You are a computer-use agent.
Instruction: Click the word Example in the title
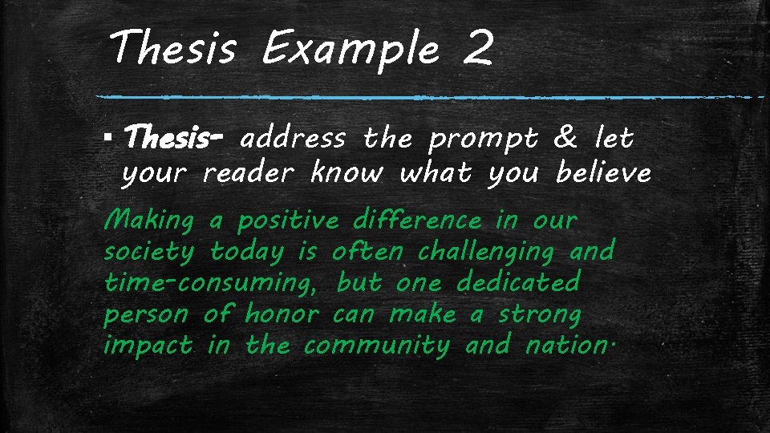click(x=351, y=50)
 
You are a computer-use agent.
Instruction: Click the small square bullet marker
click(x=108, y=140)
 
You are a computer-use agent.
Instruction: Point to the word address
click(x=293, y=140)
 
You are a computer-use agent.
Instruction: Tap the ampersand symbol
click(x=565, y=139)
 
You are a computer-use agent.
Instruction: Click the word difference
click(x=417, y=219)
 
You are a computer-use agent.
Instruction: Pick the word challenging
click(x=486, y=253)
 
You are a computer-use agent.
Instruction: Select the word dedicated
click(x=517, y=282)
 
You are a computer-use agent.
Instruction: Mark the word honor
click(x=281, y=314)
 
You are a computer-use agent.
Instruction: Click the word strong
click(x=539, y=314)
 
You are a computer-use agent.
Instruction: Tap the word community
click(x=377, y=346)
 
